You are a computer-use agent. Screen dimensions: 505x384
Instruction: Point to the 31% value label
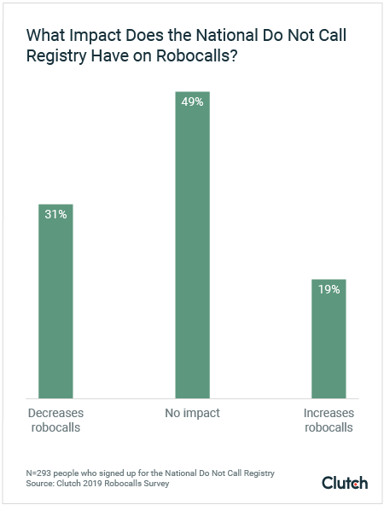(x=55, y=214)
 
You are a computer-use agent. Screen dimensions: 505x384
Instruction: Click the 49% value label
(x=192, y=102)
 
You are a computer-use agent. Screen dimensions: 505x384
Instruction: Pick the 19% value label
(x=329, y=289)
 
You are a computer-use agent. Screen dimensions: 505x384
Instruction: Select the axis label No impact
(x=192, y=413)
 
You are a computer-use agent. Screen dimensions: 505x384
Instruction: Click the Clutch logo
(x=345, y=483)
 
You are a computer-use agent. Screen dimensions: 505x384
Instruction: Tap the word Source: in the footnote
(x=40, y=484)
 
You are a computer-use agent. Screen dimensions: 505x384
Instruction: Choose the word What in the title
(x=44, y=38)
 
